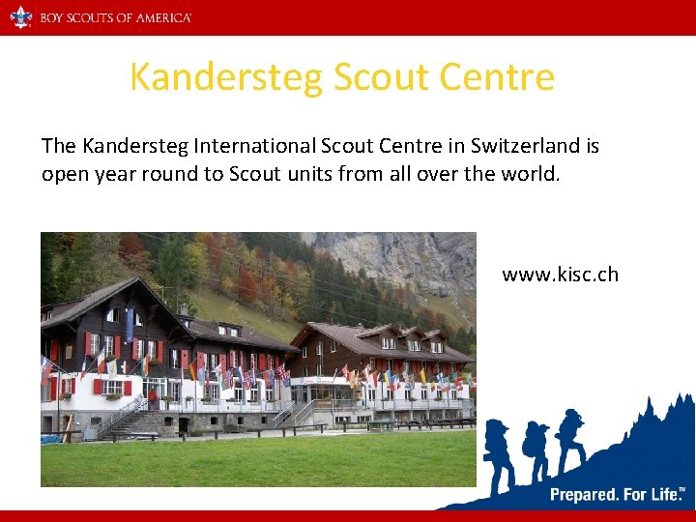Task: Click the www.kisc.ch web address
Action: click(x=560, y=275)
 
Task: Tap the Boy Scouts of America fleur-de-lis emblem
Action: click(x=20, y=17)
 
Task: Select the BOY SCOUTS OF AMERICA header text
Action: click(x=115, y=18)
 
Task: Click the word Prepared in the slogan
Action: click(x=585, y=495)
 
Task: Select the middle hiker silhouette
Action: click(x=535, y=447)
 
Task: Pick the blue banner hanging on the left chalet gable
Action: click(x=129, y=324)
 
